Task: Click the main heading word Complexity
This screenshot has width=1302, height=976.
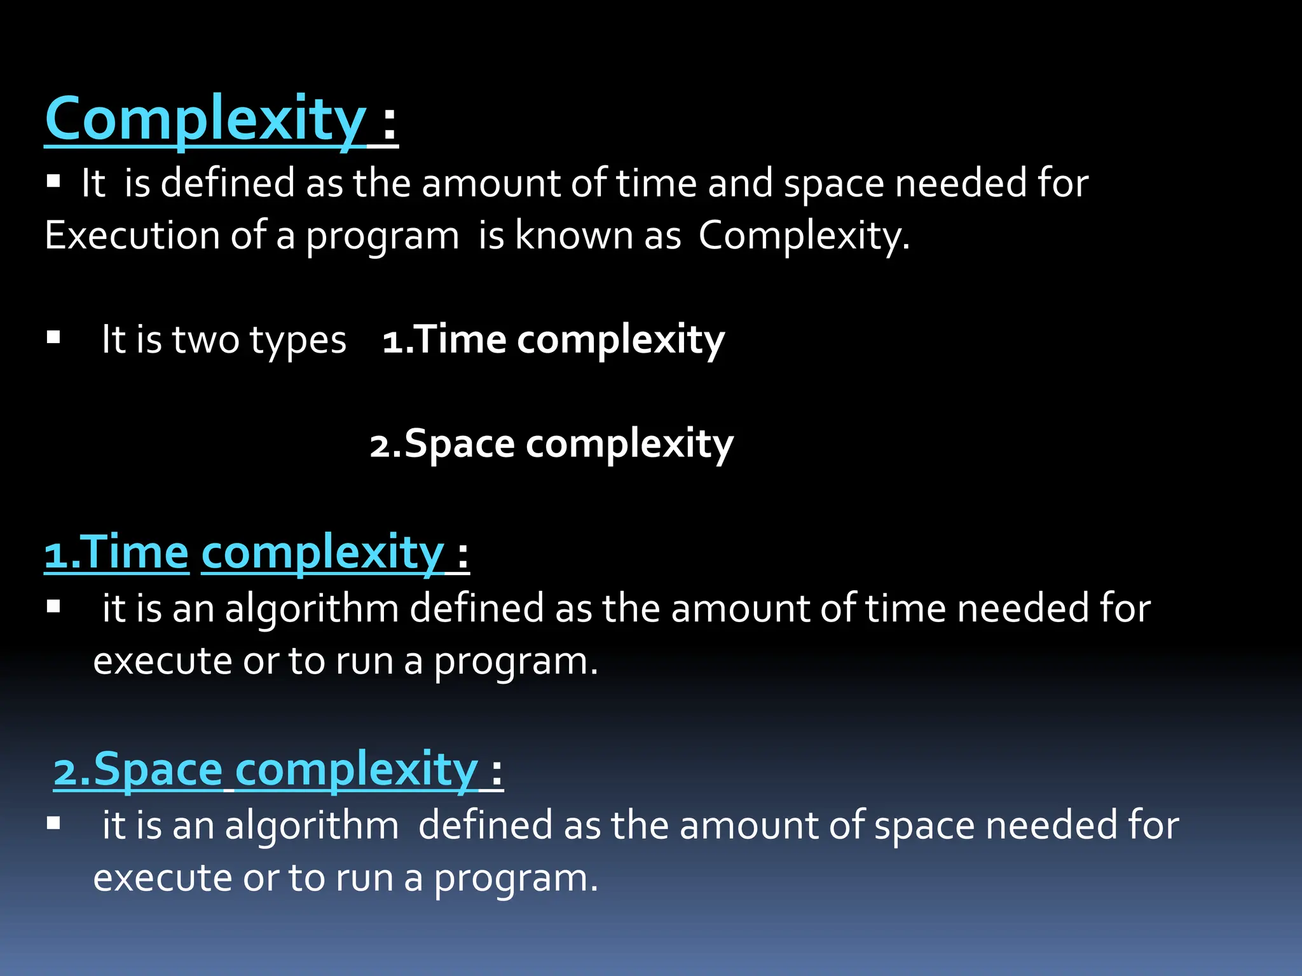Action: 205,119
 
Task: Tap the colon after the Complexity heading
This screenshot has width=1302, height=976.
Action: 390,121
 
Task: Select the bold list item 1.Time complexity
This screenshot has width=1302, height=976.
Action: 553,339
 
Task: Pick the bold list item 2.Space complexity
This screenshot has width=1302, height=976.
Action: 551,444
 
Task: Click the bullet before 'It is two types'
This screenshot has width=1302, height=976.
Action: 53,337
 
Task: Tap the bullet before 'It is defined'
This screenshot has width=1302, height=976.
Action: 53,182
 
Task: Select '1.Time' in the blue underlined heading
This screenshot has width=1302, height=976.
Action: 116,552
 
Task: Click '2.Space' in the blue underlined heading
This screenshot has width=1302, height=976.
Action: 137,769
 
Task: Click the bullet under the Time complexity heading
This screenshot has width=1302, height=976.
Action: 53,607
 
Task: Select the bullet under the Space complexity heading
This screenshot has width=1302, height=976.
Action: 53,824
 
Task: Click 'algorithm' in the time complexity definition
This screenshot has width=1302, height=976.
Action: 312,609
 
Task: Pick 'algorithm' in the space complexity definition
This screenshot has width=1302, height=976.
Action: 312,826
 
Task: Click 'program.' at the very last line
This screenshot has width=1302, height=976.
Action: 516,879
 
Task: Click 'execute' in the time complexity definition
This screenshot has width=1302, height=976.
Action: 162,661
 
